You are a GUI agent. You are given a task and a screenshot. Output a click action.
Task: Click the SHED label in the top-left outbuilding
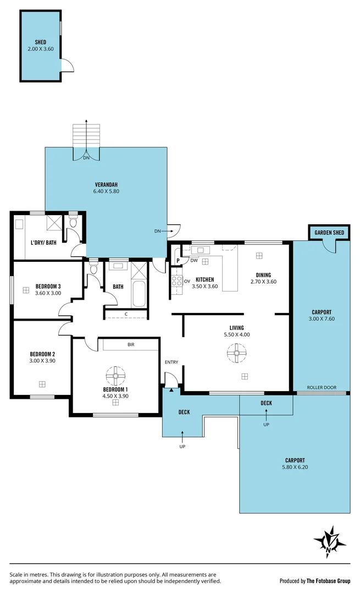[40, 42]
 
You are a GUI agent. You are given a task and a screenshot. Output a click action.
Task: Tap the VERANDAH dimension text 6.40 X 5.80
[106, 191]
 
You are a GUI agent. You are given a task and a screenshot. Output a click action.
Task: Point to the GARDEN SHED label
[329, 233]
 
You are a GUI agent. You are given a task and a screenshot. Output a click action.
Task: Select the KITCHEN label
[204, 279]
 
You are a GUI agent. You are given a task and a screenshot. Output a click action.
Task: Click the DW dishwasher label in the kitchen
[194, 261]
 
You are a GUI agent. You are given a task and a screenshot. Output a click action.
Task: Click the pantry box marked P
[178, 261]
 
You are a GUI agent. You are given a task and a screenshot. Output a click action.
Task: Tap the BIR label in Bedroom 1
[131, 345]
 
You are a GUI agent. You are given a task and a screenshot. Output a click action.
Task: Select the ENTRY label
[171, 362]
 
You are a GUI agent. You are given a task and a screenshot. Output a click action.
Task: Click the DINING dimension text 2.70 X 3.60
[263, 282]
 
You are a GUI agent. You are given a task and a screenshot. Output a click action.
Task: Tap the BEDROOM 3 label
[48, 286]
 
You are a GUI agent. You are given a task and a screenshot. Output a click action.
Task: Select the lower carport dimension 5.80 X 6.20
[295, 468]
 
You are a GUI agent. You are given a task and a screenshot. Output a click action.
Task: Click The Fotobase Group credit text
[329, 581]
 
